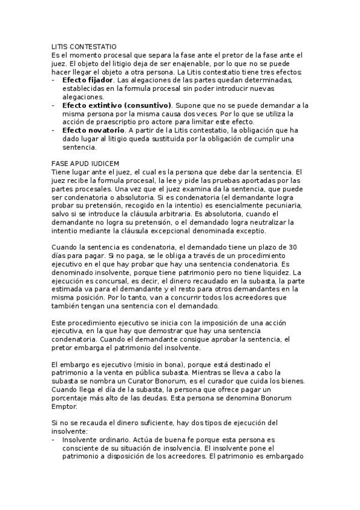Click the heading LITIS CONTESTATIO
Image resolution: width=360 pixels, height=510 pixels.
(x=84, y=46)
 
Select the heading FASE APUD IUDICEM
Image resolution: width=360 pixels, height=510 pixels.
(x=85, y=163)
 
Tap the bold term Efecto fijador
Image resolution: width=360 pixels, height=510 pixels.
(x=88, y=80)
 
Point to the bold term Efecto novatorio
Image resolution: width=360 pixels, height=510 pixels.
(x=91, y=130)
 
